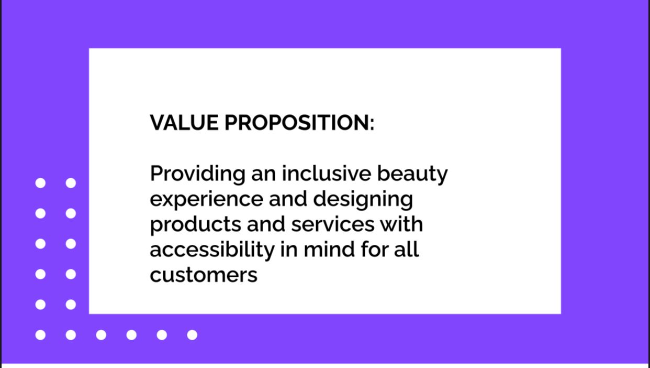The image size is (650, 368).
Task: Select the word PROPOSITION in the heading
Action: [x=295, y=123]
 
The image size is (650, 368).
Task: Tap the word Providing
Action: [x=197, y=174]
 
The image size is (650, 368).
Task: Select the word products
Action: [x=195, y=225]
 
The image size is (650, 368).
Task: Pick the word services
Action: [x=333, y=224]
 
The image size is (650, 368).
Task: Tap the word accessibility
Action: [x=212, y=250]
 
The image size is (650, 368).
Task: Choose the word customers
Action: [x=204, y=275]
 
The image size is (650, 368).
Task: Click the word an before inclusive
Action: [x=263, y=174]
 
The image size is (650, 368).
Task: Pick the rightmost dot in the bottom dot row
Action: [x=192, y=335]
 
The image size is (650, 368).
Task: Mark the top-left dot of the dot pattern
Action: [x=40, y=183]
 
